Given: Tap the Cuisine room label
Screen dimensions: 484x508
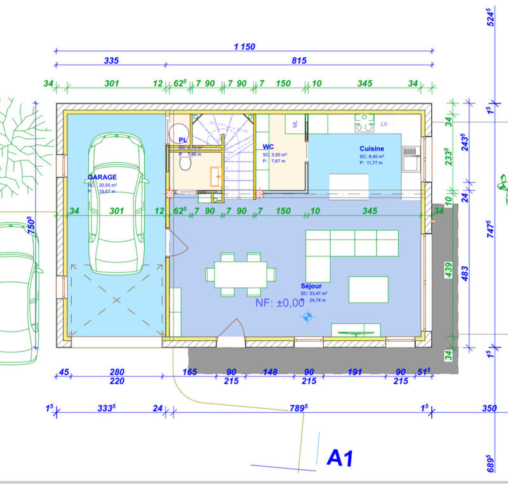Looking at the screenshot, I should (x=371, y=149).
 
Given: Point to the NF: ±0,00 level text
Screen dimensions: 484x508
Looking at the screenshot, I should (x=279, y=303).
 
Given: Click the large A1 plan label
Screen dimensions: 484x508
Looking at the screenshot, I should (x=340, y=457).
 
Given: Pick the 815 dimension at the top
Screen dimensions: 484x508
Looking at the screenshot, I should (x=299, y=61).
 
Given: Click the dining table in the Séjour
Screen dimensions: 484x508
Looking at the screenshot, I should (x=241, y=275).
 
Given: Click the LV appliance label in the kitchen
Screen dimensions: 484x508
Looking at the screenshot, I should (x=384, y=124).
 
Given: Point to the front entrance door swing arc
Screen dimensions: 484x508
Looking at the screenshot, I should (x=232, y=330).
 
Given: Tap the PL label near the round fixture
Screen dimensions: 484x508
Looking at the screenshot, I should (x=183, y=140).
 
